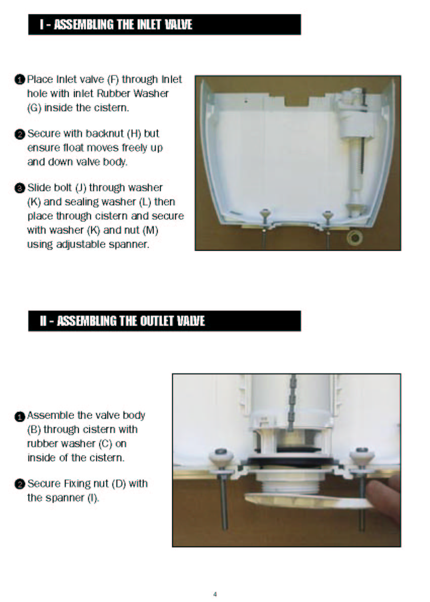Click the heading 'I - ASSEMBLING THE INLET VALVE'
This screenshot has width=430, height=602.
[116, 25]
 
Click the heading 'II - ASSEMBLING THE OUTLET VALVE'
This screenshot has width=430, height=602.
[122, 321]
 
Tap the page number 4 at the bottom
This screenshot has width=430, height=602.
[215, 594]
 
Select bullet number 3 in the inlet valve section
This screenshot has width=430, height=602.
[20, 188]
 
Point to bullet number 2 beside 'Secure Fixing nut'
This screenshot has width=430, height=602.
[20, 484]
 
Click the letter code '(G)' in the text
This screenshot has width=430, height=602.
[34, 108]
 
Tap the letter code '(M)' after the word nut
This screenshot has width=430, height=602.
[150, 230]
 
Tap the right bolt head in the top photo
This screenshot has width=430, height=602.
[327, 214]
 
